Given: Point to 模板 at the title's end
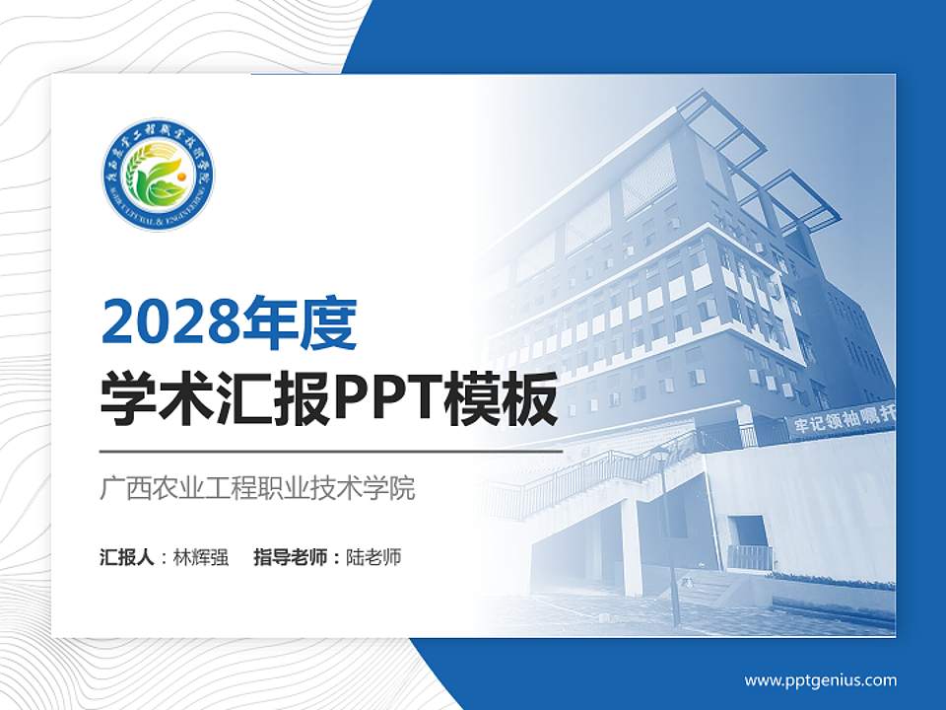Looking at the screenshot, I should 507,400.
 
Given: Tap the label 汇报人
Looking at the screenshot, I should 127,557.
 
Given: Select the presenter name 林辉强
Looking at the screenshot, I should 201,557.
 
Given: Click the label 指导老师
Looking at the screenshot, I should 290,557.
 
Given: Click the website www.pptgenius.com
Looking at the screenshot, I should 820,680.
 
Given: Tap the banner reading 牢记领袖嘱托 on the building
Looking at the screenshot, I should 838,422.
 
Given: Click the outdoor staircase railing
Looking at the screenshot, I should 591,473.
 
